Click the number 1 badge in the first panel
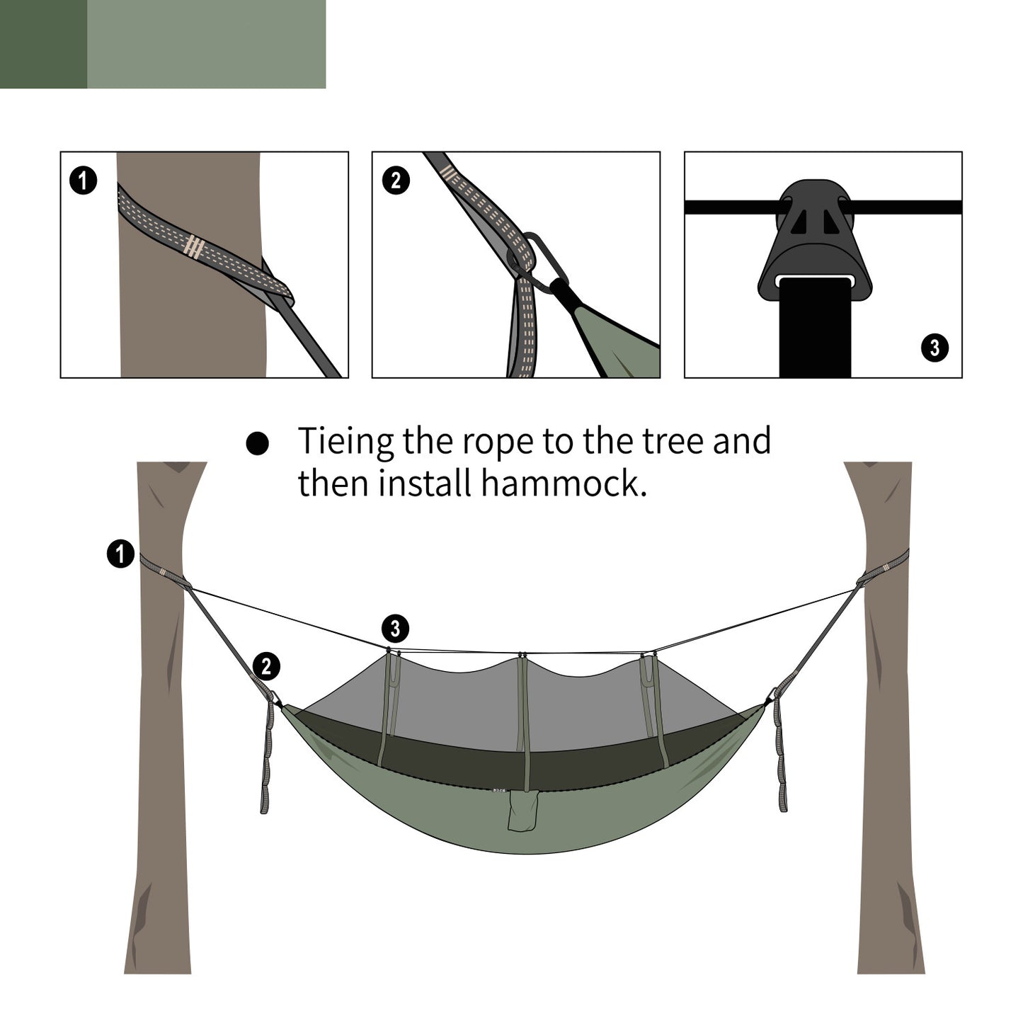coord(84,181)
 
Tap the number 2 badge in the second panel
coord(395,181)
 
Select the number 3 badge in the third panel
coord(935,348)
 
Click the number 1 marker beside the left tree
coord(120,553)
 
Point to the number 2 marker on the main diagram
coord(266,666)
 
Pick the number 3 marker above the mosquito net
coord(395,628)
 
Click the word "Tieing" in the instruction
coord(345,442)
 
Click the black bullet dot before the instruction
coord(257,444)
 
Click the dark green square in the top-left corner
coord(43,44)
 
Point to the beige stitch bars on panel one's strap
coord(193,246)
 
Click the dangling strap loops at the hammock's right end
coord(780,758)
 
